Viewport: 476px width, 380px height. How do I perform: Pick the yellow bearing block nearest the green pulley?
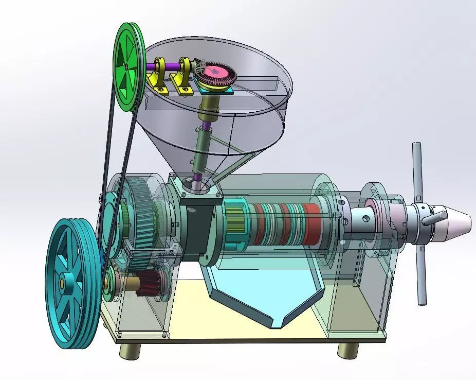(157, 78)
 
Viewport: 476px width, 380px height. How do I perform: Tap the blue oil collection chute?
(260, 293)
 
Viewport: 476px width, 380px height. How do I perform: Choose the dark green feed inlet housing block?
(199, 227)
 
